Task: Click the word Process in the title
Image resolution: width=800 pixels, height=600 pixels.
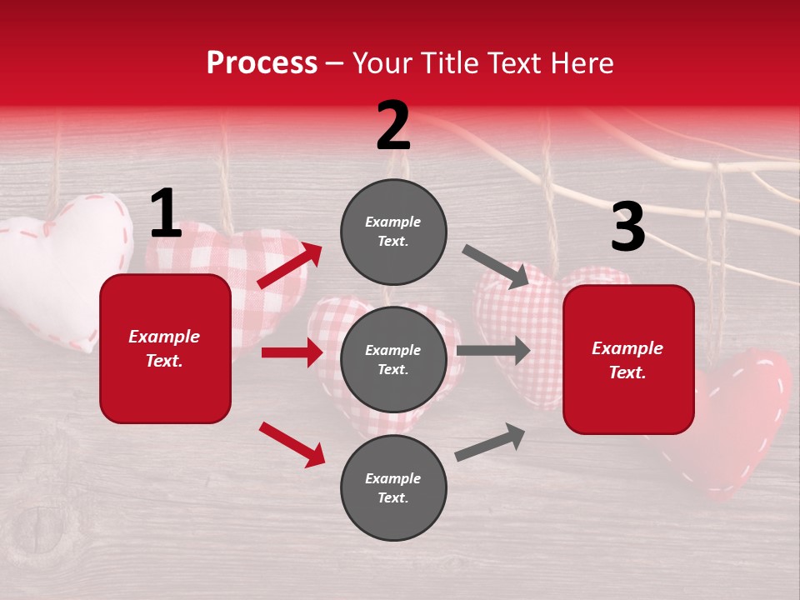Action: (262, 63)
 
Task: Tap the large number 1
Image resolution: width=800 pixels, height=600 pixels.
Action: (166, 214)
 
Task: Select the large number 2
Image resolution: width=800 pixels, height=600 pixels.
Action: (393, 126)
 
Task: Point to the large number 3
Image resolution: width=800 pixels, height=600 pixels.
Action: (627, 227)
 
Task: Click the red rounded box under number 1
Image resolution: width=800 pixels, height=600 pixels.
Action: (165, 348)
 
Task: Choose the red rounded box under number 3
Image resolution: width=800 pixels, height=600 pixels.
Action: (628, 360)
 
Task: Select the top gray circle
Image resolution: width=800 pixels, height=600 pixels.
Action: (393, 232)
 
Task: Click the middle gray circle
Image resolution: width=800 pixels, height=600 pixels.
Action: (393, 359)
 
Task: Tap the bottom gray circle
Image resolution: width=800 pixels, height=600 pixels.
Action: (393, 487)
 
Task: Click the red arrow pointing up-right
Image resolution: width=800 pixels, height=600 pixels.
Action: (290, 266)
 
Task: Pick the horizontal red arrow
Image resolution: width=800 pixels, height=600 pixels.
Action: (292, 352)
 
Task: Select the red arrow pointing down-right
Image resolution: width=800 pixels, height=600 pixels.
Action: (292, 444)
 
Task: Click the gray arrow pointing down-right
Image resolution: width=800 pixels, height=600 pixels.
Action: (495, 266)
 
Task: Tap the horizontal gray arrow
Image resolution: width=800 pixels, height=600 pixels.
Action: (492, 350)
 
